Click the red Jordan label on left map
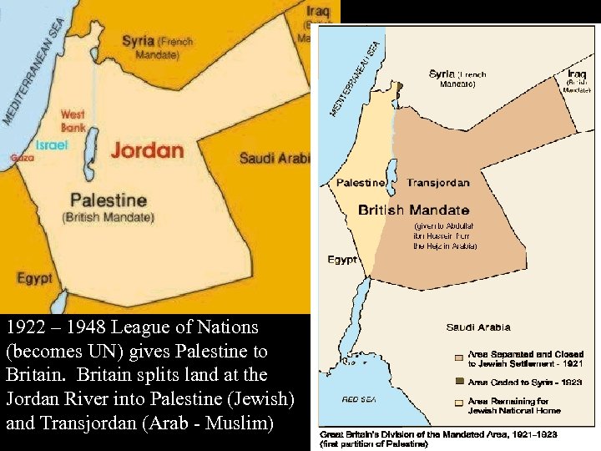pyautogui.click(x=147, y=150)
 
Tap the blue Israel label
pyautogui.click(x=52, y=144)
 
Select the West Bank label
pyautogui.click(x=73, y=121)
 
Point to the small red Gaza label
pyautogui.click(x=23, y=157)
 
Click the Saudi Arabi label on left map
pyautogui.click(x=275, y=158)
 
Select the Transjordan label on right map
pyautogui.click(x=438, y=183)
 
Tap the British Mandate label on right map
pyautogui.click(x=414, y=210)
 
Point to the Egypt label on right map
pyautogui.click(x=342, y=260)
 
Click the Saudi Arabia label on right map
pyautogui.click(x=478, y=327)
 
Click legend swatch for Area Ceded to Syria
pyautogui.click(x=458, y=382)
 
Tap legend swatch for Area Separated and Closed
pyautogui.click(x=458, y=357)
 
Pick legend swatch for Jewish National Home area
pyautogui.click(x=458, y=402)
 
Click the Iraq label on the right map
pyautogui.click(x=577, y=73)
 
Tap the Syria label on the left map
pyautogui.click(x=138, y=40)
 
